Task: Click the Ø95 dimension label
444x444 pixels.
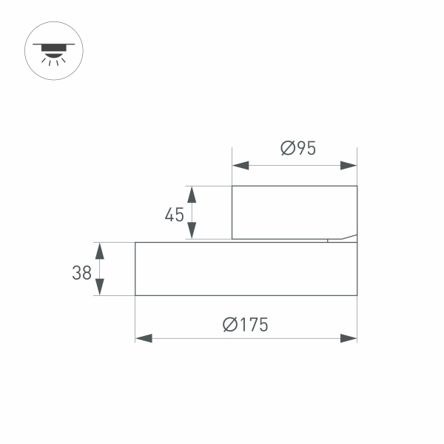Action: tap(298, 148)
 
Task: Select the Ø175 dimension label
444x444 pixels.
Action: tap(245, 324)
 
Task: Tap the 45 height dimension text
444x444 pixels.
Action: tap(174, 215)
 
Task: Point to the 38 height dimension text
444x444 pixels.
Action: tap(81, 272)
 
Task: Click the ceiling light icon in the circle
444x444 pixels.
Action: tap(54, 50)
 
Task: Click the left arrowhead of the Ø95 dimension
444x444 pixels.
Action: tap(240, 165)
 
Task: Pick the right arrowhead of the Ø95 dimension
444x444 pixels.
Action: tap(349, 165)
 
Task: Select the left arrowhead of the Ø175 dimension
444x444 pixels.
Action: tap(144, 338)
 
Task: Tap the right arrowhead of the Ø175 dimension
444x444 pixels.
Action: tap(349, 338)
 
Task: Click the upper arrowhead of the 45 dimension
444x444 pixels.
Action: tap(192, 195)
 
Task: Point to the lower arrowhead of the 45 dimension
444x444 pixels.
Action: tap(192, 231)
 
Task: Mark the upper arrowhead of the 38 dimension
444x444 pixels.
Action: tap(100, 250)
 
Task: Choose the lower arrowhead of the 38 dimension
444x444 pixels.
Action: tap(100, 287)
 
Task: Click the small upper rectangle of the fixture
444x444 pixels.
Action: tap(294, 212)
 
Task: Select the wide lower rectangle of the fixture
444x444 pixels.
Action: tap(245, 269)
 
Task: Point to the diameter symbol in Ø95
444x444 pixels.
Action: tap(289, 148)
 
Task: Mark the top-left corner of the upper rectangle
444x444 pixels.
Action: tap(232, 186)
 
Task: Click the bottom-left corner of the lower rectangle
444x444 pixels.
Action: tap(135, 295)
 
